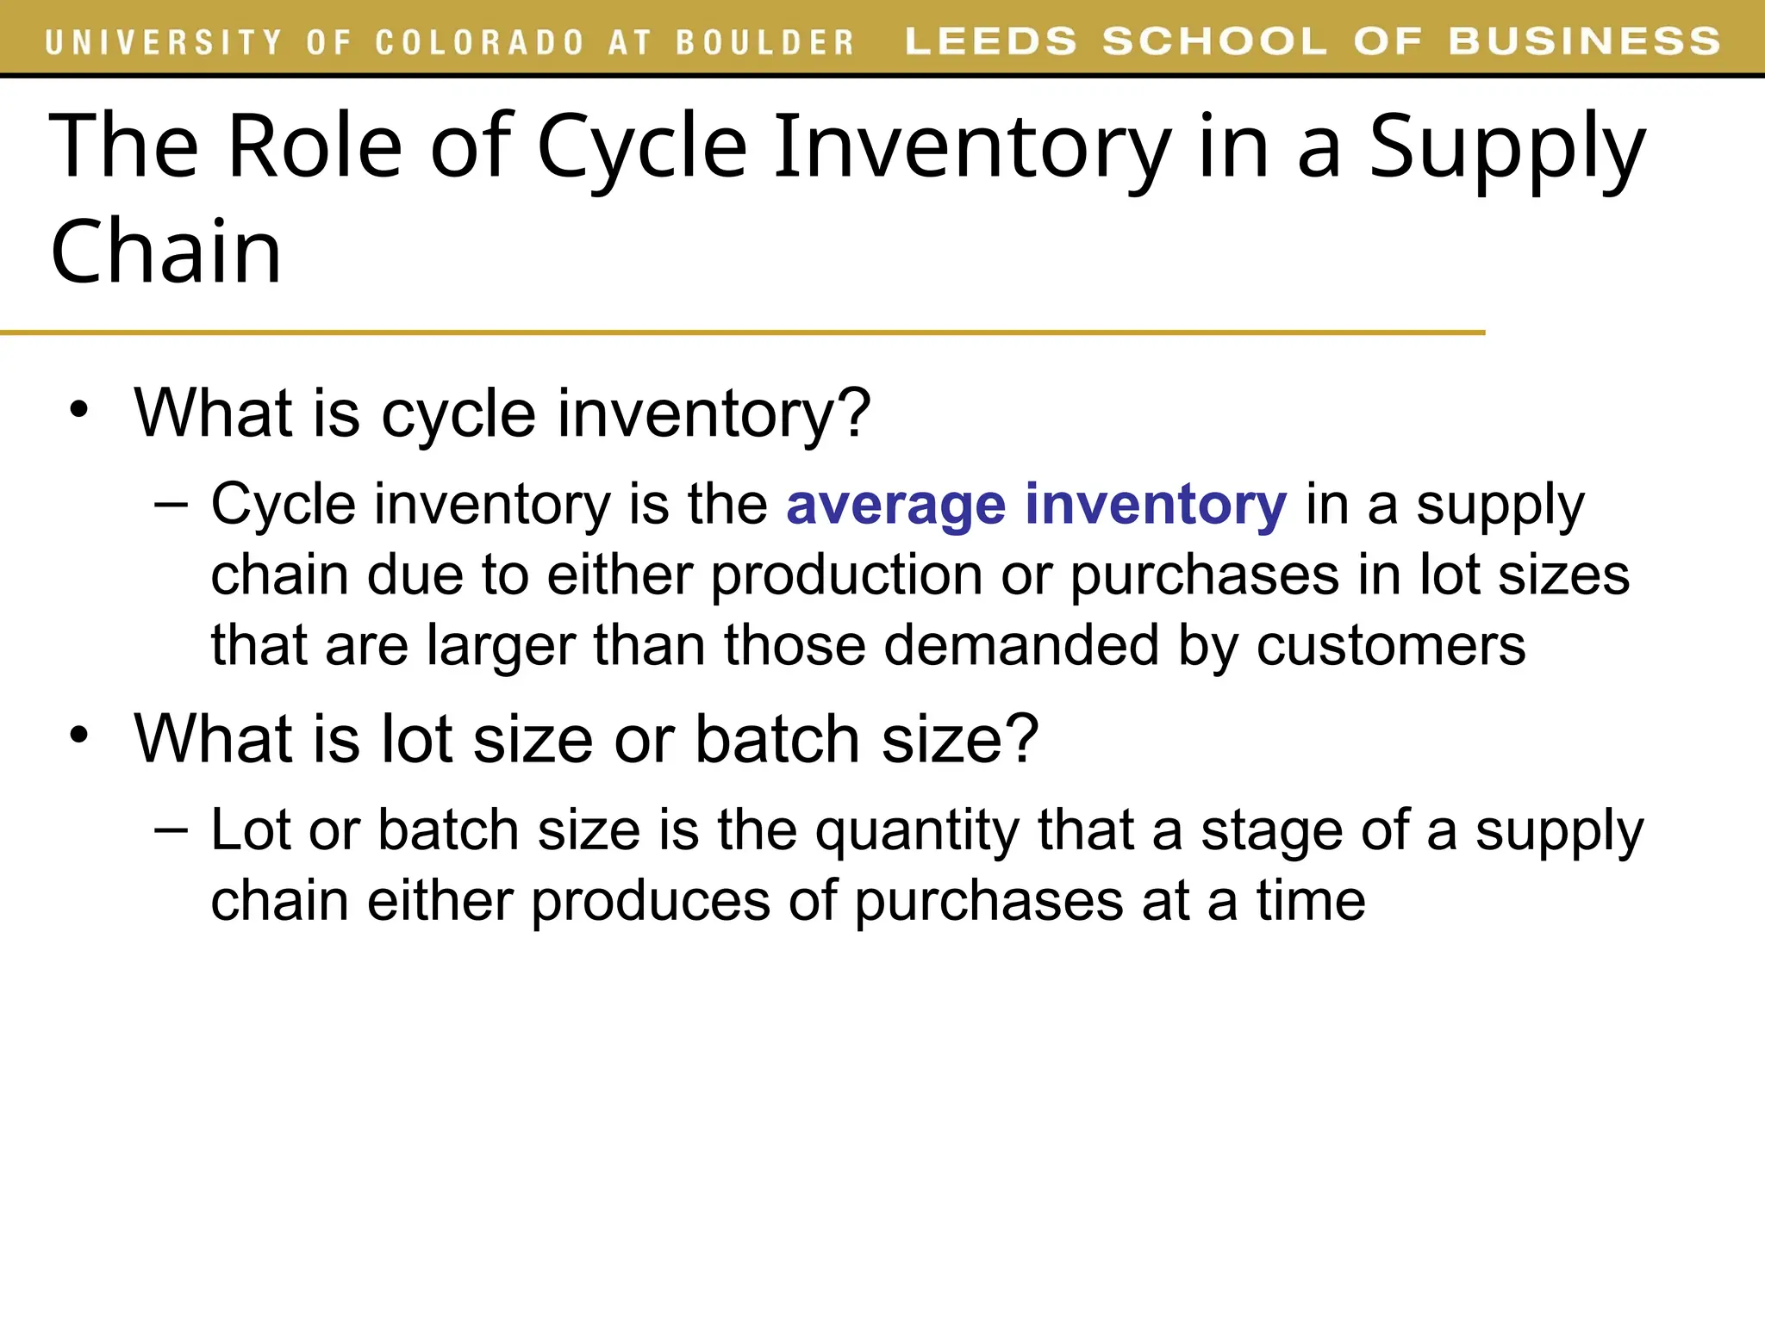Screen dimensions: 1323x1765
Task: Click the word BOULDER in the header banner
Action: point(764,42)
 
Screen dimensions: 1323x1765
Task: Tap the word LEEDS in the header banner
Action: point(991,41)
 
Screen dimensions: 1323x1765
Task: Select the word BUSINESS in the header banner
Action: point(1585,41)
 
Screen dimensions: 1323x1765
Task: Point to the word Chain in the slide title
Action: point(166,252)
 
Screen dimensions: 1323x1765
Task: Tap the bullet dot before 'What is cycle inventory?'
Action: point(79,410)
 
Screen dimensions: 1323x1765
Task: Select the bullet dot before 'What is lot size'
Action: point(79,736)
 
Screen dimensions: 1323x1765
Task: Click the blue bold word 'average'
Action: point(895,505)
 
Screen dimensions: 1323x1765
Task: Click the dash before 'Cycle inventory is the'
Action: point(171,504)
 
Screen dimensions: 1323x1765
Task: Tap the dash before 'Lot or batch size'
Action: point(171,829)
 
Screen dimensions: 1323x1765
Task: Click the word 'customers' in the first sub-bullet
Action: point(1391,646)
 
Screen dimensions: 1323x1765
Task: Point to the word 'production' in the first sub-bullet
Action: point(846,575)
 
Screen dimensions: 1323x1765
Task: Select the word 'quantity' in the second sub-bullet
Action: point(917,832)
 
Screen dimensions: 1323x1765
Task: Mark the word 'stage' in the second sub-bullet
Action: point(1271,832)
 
